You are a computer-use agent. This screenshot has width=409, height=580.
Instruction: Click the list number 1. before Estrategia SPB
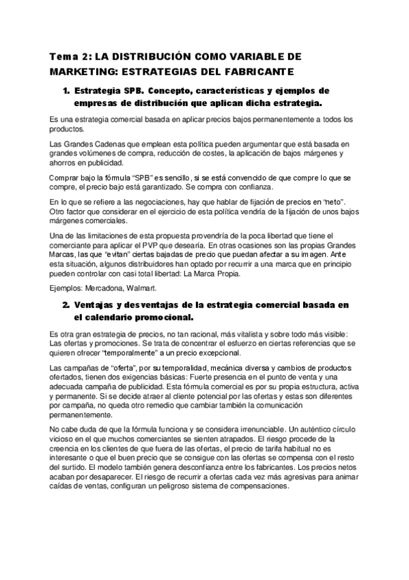point(66,91)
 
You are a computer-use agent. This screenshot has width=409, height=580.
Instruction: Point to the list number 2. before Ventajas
point(66,304)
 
